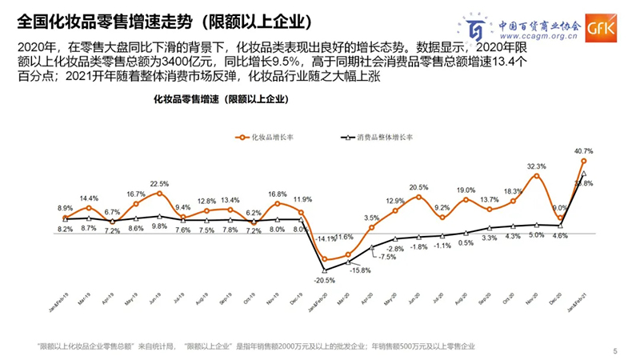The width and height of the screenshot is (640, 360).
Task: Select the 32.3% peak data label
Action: click(x=537, y=166)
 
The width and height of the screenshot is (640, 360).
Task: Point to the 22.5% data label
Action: click(x=159, y=183)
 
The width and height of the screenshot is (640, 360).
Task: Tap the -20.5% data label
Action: click(x=324, y=280)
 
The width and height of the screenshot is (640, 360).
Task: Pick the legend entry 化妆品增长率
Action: click(x=267, y=138)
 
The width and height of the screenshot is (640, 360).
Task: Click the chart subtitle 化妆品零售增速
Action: click(x=220, y=99)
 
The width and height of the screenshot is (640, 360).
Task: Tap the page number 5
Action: click(x=614, y=350)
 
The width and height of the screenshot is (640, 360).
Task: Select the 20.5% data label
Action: click(x=418, y=187)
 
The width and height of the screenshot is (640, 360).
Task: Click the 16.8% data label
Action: click(x=277, y=194)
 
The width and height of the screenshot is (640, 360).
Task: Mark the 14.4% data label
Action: click(x=89, y=198)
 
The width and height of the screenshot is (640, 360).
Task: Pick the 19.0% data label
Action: click(x=466, y=190)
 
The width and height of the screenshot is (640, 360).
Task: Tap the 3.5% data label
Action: click(x=371, y=218)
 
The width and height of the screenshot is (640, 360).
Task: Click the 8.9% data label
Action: click(x=66, y=208)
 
